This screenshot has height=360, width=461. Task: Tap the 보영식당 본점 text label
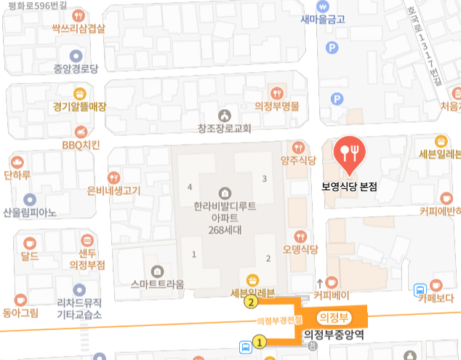point(350,186)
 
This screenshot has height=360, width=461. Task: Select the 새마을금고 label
point(323,20)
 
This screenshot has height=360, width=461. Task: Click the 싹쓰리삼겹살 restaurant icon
point(79,15)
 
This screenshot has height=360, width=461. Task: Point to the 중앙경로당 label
point(75,69)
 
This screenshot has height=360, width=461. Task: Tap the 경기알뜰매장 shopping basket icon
point(79,93)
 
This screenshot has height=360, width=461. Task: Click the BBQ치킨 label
point(80,144)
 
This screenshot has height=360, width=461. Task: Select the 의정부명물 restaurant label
point(277,105)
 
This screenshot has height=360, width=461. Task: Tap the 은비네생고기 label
point(113,191)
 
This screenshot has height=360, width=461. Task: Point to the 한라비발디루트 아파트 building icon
point(225,193)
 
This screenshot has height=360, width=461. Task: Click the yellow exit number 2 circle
point(251,302)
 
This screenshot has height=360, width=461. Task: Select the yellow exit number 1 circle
point(259,341)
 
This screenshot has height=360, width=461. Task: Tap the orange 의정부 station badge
point(334,316)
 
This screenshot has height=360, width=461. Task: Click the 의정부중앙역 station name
point(334,334)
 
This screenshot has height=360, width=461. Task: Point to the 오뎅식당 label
point(301,249)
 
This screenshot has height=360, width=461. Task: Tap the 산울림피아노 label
point(30,212)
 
